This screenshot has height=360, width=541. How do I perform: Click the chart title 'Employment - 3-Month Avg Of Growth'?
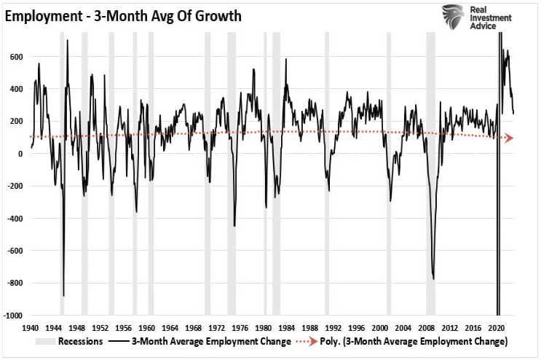(123, 15)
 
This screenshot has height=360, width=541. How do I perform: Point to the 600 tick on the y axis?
(15, 56)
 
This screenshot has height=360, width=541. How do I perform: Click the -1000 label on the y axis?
(12, 316)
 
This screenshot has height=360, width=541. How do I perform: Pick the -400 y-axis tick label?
(14, 219)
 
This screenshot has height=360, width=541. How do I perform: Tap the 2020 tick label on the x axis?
(498, 327)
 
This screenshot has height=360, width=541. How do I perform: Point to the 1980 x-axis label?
(264, 327)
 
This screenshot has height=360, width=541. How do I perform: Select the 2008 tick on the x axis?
(427, 327)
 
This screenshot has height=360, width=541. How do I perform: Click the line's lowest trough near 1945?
(63, 295)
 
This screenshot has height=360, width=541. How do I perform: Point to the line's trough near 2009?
(433, 278)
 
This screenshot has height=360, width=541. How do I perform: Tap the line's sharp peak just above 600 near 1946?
(68, 40)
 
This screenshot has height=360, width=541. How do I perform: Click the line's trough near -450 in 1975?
(234, 226)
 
